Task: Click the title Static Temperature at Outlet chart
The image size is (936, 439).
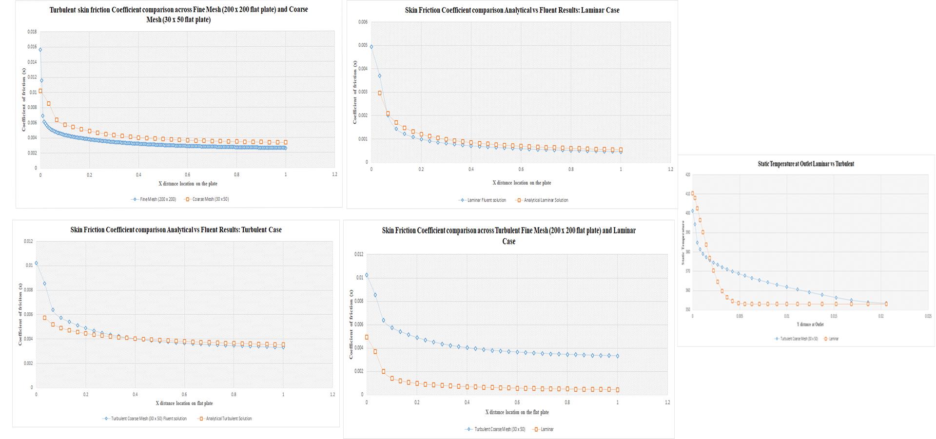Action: [x=805, y=164]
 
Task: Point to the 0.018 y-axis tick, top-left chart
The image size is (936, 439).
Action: [x=32, y=32]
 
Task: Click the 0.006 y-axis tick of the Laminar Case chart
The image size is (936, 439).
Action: [x=363, y=22]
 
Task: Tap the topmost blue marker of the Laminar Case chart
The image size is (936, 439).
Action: [x=371, y=47]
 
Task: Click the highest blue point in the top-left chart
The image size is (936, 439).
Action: [x=40, y=50]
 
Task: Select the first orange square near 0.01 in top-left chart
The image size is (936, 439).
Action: [x=40, y=91]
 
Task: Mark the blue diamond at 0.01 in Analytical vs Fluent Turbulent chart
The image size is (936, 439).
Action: [x=36, y=264]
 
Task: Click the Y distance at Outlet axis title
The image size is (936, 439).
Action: [x=810, y=324]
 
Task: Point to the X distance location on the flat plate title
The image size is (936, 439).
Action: [x=517, y=412]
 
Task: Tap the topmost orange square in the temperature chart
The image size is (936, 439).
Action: [x=693, y=193]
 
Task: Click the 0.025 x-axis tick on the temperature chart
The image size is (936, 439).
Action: [x=928, y=316]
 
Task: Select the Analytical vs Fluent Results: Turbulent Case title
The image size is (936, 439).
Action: [x=176, y=230]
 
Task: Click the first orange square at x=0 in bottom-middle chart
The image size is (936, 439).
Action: [x=367, y=337]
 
